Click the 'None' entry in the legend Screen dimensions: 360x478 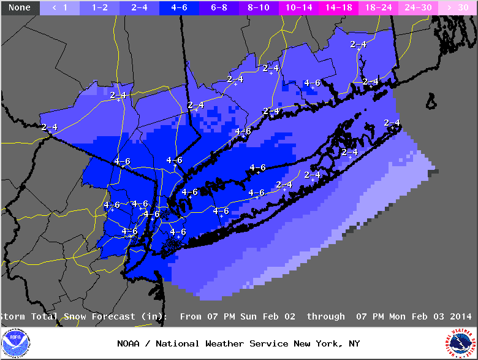coord(20,7)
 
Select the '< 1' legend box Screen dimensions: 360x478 coord(59,7)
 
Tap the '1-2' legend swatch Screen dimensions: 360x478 coord(99,7)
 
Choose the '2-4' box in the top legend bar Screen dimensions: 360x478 coord(139,7)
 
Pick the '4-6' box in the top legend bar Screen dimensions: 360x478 coord(179,7)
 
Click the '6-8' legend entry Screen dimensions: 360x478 coord(219,7)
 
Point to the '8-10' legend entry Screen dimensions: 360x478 coord(259,7)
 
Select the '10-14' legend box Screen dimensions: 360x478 coord(298,7)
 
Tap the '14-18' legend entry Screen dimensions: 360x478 coord(338,7)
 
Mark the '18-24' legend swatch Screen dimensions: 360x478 coord(378,7)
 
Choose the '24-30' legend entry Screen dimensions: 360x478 coord(418,7)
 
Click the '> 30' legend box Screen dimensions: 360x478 coord(457,7)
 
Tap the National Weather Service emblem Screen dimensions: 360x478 coord(460,343)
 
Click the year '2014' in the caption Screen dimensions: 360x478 coord(460,316)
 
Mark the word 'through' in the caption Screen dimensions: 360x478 coord(326,316)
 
